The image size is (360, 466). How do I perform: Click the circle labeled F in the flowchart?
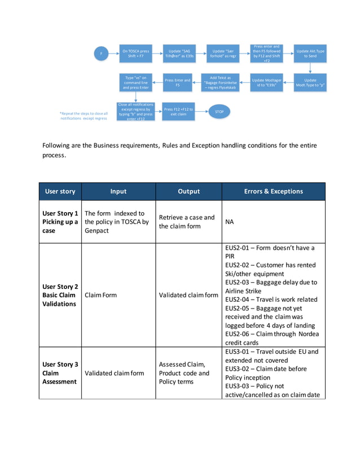pos(101,54)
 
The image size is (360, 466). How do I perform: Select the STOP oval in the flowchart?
pos(219,112)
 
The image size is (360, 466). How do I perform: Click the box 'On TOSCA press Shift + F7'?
pos(136,54)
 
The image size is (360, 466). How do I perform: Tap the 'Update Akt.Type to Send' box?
pos(310,54)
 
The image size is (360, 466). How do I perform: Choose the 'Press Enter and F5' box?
pos(178,83)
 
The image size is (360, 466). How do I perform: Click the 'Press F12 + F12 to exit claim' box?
pos(178,112)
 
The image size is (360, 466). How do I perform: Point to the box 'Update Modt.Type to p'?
pos(310,83)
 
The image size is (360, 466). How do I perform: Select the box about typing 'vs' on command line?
pos(136,82)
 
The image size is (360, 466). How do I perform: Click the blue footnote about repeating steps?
pos(84,116)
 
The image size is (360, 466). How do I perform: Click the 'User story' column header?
pos(60,191)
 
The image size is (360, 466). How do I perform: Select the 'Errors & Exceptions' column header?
pos(273,191)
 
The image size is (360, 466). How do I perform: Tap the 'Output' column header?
pos(188,191)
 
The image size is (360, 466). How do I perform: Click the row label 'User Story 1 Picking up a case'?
pos(60,222)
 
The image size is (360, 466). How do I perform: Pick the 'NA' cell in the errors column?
pos(230,222)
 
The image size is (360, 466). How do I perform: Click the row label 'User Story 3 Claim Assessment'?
pos(60,373)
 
